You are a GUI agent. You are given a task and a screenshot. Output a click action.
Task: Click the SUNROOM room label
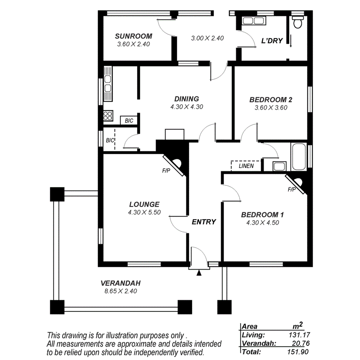click(133, 36)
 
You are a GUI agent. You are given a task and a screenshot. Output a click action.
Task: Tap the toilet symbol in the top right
click(297, 23)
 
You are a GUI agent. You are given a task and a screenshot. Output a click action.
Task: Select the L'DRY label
click(272, 41)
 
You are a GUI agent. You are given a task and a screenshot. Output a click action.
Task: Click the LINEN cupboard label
click(246, 166)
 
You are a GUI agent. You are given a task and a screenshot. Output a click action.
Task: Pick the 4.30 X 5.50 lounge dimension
click(144, 212)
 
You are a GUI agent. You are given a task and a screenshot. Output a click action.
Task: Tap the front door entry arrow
click(199, 273)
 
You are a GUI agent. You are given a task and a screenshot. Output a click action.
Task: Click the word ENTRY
click(204, 222)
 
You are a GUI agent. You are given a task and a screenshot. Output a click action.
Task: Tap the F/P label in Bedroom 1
click(292, 189)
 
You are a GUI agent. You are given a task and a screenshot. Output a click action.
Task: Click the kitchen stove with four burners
click(108, 115)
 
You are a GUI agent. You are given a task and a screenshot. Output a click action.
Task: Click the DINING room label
click(186, 99)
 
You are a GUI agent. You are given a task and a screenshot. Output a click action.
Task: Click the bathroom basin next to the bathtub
click(279, 166)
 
